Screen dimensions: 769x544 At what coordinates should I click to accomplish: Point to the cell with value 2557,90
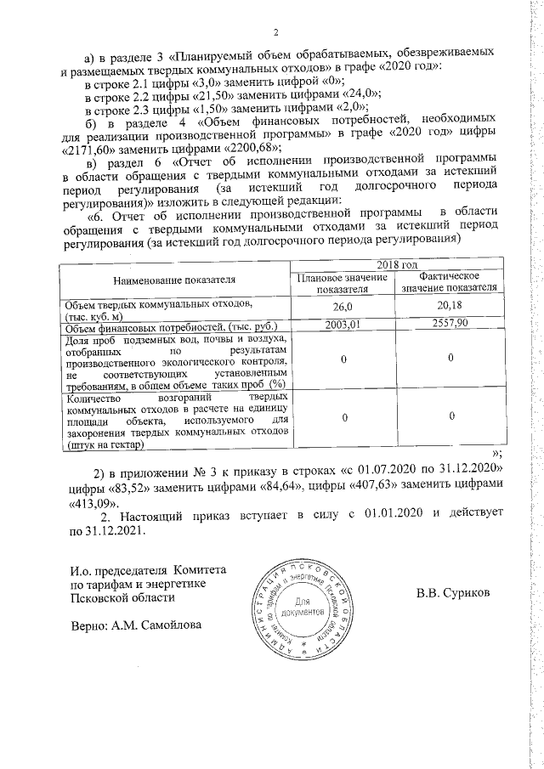click(448, 325)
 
